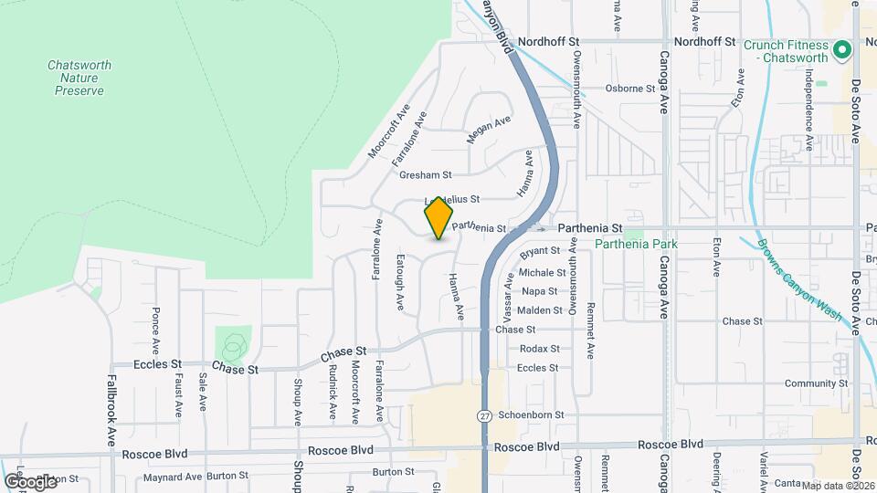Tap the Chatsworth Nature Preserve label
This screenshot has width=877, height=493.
point(77,78)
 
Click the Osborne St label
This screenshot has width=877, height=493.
point(630,89)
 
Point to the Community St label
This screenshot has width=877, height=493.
point(816,383)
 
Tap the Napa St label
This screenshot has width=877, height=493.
point(539,291)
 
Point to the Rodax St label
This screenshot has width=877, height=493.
point(539,349)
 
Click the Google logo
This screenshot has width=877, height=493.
point(30,480)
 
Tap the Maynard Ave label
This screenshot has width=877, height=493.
point(173,477)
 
